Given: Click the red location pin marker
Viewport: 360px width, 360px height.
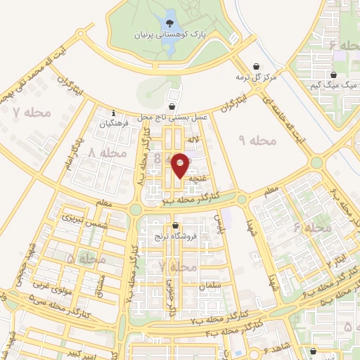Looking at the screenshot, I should point(181,165).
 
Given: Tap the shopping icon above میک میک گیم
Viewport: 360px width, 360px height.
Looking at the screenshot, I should point(333,74).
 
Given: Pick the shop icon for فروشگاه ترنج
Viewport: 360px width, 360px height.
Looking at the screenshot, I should point(174,226).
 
